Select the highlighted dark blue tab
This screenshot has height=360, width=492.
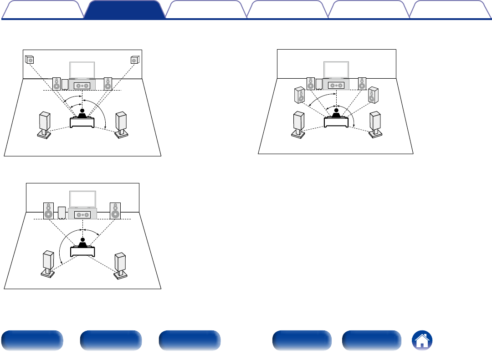click(x=124, y=10)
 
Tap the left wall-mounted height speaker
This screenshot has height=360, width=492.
click(x=29, y=60)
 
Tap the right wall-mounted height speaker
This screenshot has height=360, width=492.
click(x=134, y=60)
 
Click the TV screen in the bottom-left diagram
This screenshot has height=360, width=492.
click(x=82, y=199)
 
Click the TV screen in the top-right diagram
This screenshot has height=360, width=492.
click(x=336, y=70)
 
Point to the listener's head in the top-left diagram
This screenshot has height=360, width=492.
click(x=82, y=111)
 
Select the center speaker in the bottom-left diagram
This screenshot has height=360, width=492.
click(x=82, y=214)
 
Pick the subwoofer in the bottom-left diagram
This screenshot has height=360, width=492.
click(x=62, y=213)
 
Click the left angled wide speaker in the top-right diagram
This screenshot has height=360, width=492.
click(x=300, y=95)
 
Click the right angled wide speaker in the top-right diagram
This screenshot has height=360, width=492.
click(x=373, y=94)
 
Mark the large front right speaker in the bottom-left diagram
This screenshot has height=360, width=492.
click(x=115, y=210)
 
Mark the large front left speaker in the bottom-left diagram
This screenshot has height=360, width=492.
click(x=48, y=210)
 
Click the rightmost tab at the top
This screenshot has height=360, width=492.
click(x=449, y=10)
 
